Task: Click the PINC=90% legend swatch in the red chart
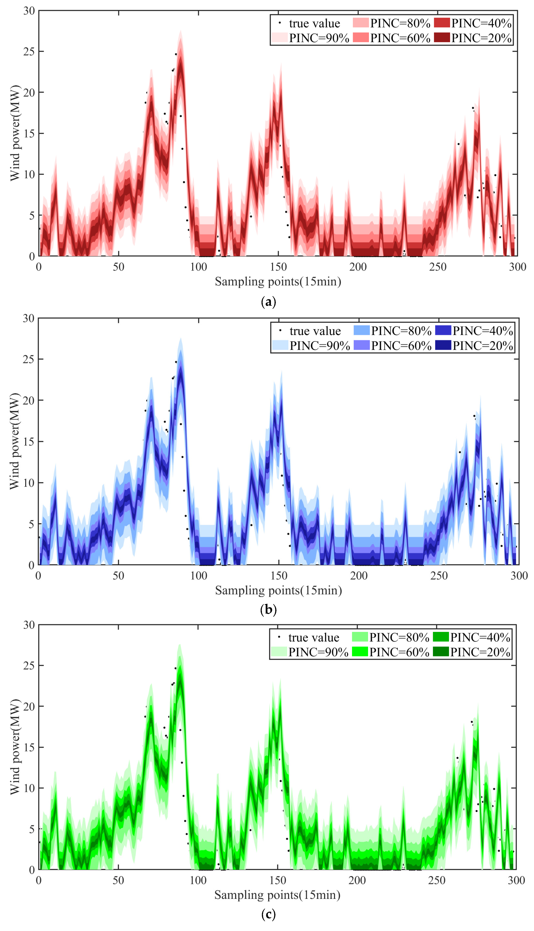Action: [279, 38]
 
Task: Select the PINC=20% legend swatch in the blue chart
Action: [443, 345]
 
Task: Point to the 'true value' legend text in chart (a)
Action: [314, 23]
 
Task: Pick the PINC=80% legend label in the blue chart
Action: [401, 331]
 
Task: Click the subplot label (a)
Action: [268, 302]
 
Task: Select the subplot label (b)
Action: [268, 609]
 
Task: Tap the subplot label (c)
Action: [268, 914]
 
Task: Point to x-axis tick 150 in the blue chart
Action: [279, 576]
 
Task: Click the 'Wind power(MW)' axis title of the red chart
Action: [15, 133]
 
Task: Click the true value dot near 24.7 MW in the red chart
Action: [176, 54]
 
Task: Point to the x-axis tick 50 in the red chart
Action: [119, 267]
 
